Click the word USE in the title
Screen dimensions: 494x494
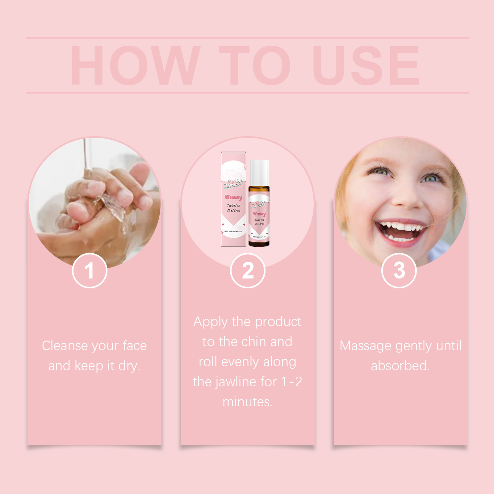(x=366, y=65)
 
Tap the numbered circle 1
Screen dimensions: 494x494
(x=90, y=270)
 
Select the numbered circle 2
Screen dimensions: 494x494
(x=248, y=270)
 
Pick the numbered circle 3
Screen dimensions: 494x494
(x=399, y=270)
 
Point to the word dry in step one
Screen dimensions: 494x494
(x=129, y=366)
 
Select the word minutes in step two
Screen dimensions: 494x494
(x=247, y=402)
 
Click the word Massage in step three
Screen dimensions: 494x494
(x=365, y=346)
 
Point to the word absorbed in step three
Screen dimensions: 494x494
(x=400, y=366)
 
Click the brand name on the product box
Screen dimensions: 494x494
(x=233, y=197)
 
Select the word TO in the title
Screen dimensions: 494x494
(x=255, y=65)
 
